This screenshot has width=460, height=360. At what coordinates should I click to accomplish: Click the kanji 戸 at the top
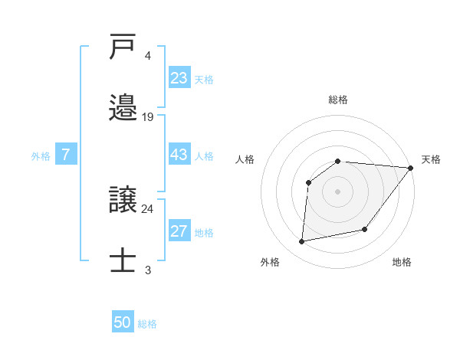coord(124,47)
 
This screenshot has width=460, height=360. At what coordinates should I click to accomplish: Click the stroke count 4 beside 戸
coord(147,56)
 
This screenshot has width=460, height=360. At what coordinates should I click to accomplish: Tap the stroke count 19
coord(148,117)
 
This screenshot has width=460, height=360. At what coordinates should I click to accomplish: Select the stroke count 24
coord(148,208)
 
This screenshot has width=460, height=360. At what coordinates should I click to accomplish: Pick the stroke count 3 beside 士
coord(147,270)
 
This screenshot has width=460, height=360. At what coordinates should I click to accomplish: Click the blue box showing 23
coord(179,77)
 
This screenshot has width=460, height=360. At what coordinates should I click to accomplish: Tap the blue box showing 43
coord(179,155)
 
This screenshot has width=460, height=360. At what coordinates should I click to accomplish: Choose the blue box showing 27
coord(179,232)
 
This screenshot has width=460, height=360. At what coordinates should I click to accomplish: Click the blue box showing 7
coord(66,155)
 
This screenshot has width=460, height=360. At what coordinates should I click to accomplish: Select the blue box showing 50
coord(123,322)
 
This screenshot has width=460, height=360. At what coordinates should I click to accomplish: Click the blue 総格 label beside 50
coord(147,324)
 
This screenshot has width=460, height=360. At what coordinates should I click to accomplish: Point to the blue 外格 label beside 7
coord(41,156)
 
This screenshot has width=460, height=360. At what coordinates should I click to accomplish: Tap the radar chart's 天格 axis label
coord(431,159)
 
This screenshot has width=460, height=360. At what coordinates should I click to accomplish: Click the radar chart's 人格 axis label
coord(245,159)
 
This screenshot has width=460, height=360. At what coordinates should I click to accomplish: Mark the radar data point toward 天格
coord(410,168)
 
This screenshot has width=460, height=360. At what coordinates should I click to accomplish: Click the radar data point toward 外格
coord(302,241)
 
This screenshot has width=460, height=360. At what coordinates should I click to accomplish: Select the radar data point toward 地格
coord(365,229)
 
